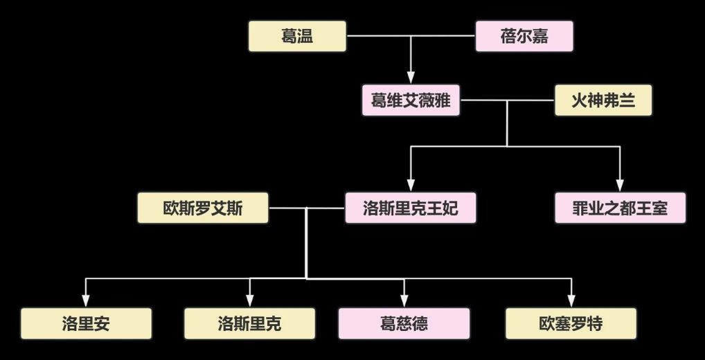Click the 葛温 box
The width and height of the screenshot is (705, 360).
tap(297, 36)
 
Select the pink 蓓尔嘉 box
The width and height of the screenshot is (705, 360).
tap(524, 36)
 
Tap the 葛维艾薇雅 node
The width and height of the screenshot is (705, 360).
tap(411, 101)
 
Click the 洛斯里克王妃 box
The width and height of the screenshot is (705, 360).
tap(411, 208)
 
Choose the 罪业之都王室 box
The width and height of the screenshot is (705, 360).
tap(620, 208)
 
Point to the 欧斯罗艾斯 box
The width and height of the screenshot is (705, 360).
tap(203, 208)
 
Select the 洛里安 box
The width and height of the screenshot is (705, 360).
tap(86, 323)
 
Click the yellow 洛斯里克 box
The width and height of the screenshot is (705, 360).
tap(249, 323)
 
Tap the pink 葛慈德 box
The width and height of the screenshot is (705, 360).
tap(404, 323)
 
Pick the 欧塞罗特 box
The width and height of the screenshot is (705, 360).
tap(571, 323)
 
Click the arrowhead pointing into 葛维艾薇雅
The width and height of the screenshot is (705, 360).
tap(411, 78)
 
